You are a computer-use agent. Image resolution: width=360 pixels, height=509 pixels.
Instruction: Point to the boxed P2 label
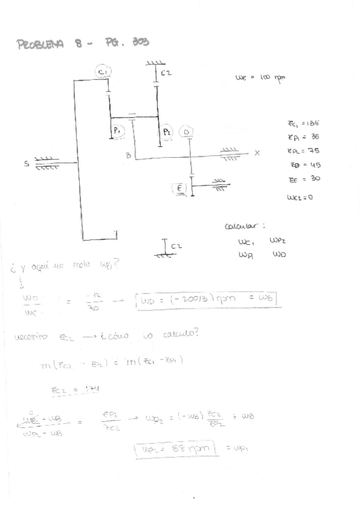(166, 130)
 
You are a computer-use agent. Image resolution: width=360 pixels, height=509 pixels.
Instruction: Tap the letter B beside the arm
(128, 155)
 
